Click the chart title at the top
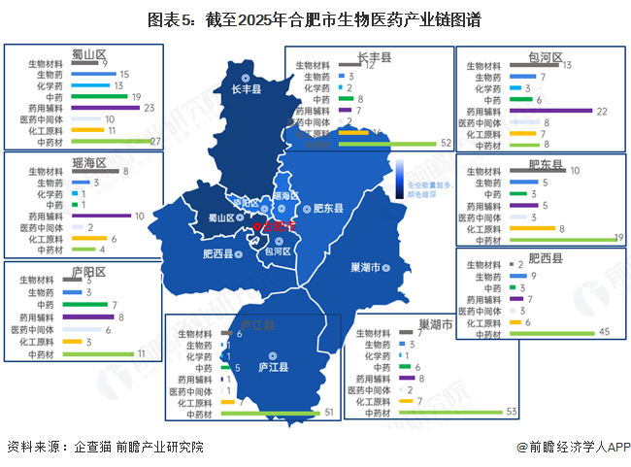pos(315,19)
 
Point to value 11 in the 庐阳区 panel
pos(142,353)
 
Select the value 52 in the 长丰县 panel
pos(446,142)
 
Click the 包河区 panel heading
pos(545,56)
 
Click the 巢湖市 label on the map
pos(363,265)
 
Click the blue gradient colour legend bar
pos(399,179)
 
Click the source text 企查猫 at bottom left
pos(92,447)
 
